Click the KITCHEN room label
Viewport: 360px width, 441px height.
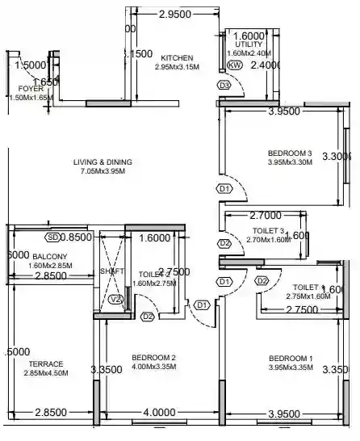(x=176, y=58)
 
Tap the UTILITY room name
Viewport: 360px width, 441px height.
(x=249, y=44)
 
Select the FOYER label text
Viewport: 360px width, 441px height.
(x=31, y=88)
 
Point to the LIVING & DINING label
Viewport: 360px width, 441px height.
(x=101, y=162)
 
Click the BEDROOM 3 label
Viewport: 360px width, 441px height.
(x=290, y=153)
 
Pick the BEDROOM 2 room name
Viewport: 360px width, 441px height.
(x=153, y=358)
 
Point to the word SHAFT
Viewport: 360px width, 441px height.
(x=111, y=271)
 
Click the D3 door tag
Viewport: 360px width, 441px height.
(x=224, y=86)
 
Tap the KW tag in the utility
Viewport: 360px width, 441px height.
(x=235, y=65)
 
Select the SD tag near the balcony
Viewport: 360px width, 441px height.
(x=53, y=238)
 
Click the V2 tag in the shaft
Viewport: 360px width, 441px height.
(x=115, y=300)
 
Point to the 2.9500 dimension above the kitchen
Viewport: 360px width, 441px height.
(x=174, y=15)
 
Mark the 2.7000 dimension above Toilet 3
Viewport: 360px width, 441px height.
(x=265, y=216)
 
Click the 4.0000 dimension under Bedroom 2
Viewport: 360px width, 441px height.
(x=158, y=413)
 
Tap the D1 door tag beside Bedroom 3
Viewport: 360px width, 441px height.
(x=224, y=189)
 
